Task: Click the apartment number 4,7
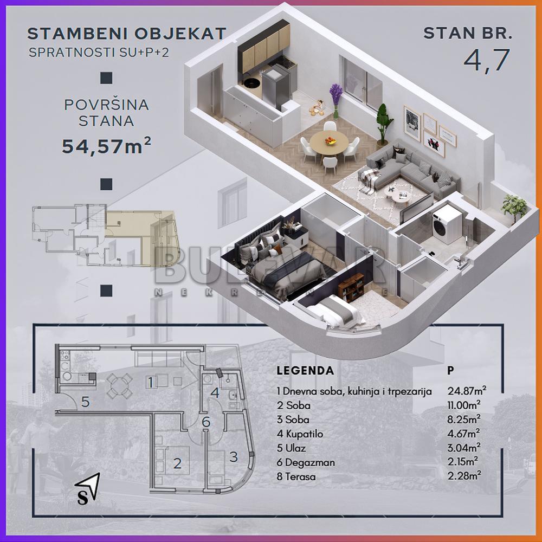click(486, 60)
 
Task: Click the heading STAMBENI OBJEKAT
click(126, 34)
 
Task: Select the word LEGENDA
click(305, 371)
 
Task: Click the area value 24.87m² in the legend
click(467, 391)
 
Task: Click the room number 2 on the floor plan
click(177, 463)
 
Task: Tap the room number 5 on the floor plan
click(85, 402)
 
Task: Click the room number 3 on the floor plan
click(234, 457)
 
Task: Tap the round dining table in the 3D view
click(329, 142)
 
